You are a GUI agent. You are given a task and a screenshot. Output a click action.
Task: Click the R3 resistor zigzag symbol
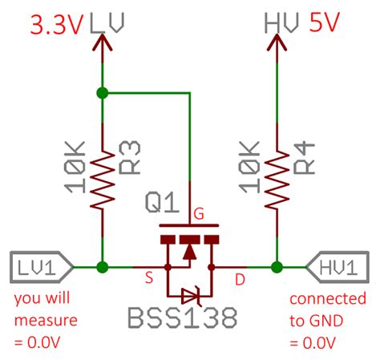[102, 170]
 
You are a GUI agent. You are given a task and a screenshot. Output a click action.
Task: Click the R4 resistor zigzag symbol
[277, 170]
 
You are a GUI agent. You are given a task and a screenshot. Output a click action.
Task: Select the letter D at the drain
[239, 279]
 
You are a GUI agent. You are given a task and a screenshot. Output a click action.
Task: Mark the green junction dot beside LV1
[102, 266]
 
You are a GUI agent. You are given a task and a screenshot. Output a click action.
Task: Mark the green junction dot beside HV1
[277, 266]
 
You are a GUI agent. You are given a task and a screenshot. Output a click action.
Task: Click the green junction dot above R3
[102, 93]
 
